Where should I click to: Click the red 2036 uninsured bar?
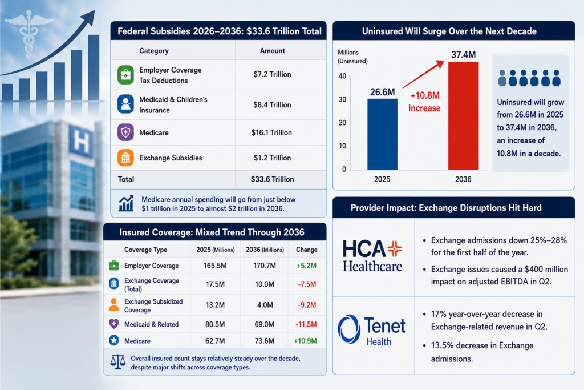coord(463,116)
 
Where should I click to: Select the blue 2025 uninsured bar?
coord(382,134)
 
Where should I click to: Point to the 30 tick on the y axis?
coord(342,99)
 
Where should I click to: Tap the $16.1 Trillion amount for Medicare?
coord(271,132)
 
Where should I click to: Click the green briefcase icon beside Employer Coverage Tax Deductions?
coord(125,75)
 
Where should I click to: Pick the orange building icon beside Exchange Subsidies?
coord(125,158)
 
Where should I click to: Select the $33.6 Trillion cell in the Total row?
coord(272,179)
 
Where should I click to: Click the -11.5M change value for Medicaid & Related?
coord(306,324)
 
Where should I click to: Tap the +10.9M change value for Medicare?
coord(306,341)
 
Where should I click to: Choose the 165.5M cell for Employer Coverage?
coord(215,266)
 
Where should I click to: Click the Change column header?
coord(306,250)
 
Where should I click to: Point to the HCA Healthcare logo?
coord(372,256)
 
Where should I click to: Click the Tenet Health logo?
coord(372,329)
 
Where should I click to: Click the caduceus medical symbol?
coord(29,34)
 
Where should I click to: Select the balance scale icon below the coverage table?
coord(117,361)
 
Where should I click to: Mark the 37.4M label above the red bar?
coord(463,55)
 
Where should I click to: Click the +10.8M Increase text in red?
coord(424,102)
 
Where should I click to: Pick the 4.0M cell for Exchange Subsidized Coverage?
coord(265,305)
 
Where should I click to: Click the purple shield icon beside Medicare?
coord(125,132)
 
